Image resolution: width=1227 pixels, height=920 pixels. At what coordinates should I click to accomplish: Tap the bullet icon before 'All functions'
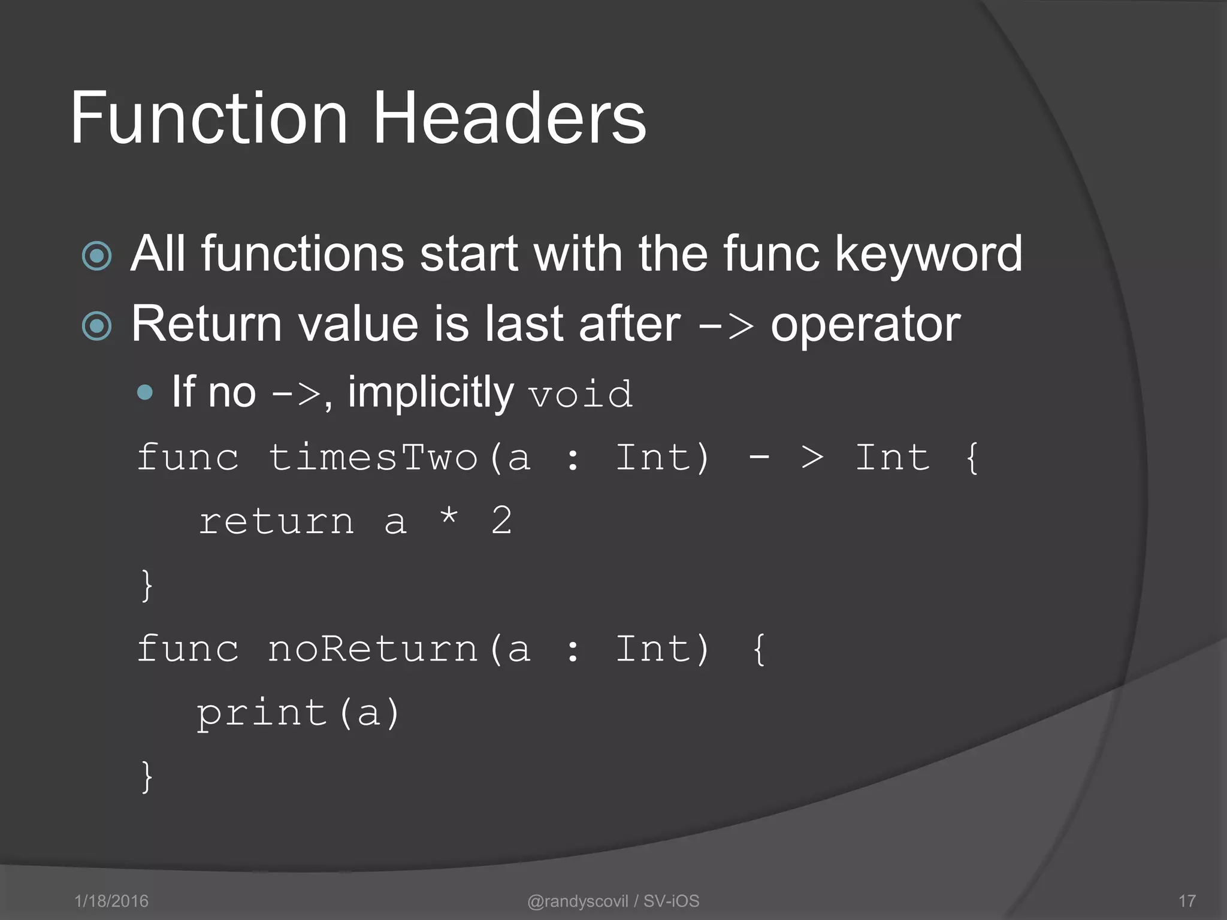97,256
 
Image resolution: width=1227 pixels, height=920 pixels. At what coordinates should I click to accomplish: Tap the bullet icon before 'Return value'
97,326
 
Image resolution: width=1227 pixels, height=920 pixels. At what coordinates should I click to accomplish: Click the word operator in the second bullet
865,325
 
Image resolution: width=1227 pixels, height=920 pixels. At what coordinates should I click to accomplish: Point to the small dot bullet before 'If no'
145,393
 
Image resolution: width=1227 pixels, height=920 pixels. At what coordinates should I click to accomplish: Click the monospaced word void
580,394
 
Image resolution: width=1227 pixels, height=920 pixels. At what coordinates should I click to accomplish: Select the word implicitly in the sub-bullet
430,393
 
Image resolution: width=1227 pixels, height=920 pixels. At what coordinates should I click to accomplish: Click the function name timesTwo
373,458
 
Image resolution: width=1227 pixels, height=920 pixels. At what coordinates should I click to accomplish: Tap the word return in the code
276,521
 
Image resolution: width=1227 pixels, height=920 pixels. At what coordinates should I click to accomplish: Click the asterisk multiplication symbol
449,517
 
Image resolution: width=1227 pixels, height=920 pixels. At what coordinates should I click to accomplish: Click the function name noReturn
373,649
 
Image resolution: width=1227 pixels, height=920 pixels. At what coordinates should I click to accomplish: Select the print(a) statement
298,713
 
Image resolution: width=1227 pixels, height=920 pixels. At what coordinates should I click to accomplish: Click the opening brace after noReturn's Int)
758,649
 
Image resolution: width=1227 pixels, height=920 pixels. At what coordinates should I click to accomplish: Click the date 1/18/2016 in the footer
111,901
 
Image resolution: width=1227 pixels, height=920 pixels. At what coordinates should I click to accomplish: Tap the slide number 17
1187,901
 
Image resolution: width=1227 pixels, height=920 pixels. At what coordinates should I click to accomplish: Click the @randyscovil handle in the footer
578,901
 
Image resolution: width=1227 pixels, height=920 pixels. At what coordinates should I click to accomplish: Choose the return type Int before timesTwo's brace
892,458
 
